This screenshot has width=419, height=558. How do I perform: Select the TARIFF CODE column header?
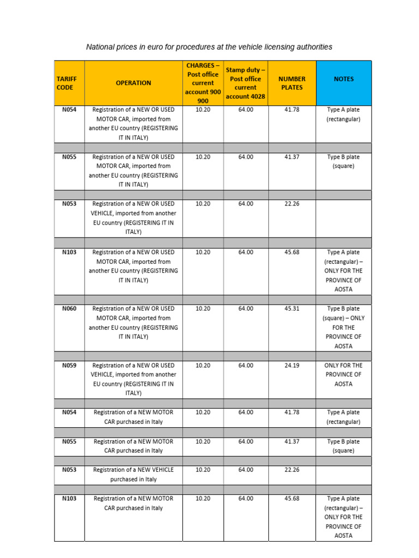coord(67,83)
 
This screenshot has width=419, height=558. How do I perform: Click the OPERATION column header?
coord(133,83)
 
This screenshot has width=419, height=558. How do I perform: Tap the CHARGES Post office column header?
coord(202,83)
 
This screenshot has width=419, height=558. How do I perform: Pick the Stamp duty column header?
coord(246,83)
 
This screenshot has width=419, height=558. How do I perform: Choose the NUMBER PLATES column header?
coord(292,83)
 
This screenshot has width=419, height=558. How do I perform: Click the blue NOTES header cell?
coord(344,79)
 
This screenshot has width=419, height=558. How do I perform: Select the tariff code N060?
coord(69,308)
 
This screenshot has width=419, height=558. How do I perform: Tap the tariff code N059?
coord(69,365)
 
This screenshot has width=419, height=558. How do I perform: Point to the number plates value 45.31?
coord(292,308)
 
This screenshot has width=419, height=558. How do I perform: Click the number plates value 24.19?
coord(292,365)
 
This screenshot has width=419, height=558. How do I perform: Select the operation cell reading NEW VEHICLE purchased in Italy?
coord(133,475)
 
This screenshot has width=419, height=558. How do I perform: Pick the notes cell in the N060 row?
coord(344,327)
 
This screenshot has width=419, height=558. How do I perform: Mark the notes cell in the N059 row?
coord(344,374)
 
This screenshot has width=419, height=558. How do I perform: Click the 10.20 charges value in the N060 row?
coord(202,308)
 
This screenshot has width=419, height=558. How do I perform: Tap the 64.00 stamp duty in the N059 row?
coord(246,365)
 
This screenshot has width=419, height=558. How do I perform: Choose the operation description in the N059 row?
coord(133,379)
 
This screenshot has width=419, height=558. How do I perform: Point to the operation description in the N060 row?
coord(133,323)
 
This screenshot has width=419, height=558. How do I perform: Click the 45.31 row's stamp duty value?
coord(246,308)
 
